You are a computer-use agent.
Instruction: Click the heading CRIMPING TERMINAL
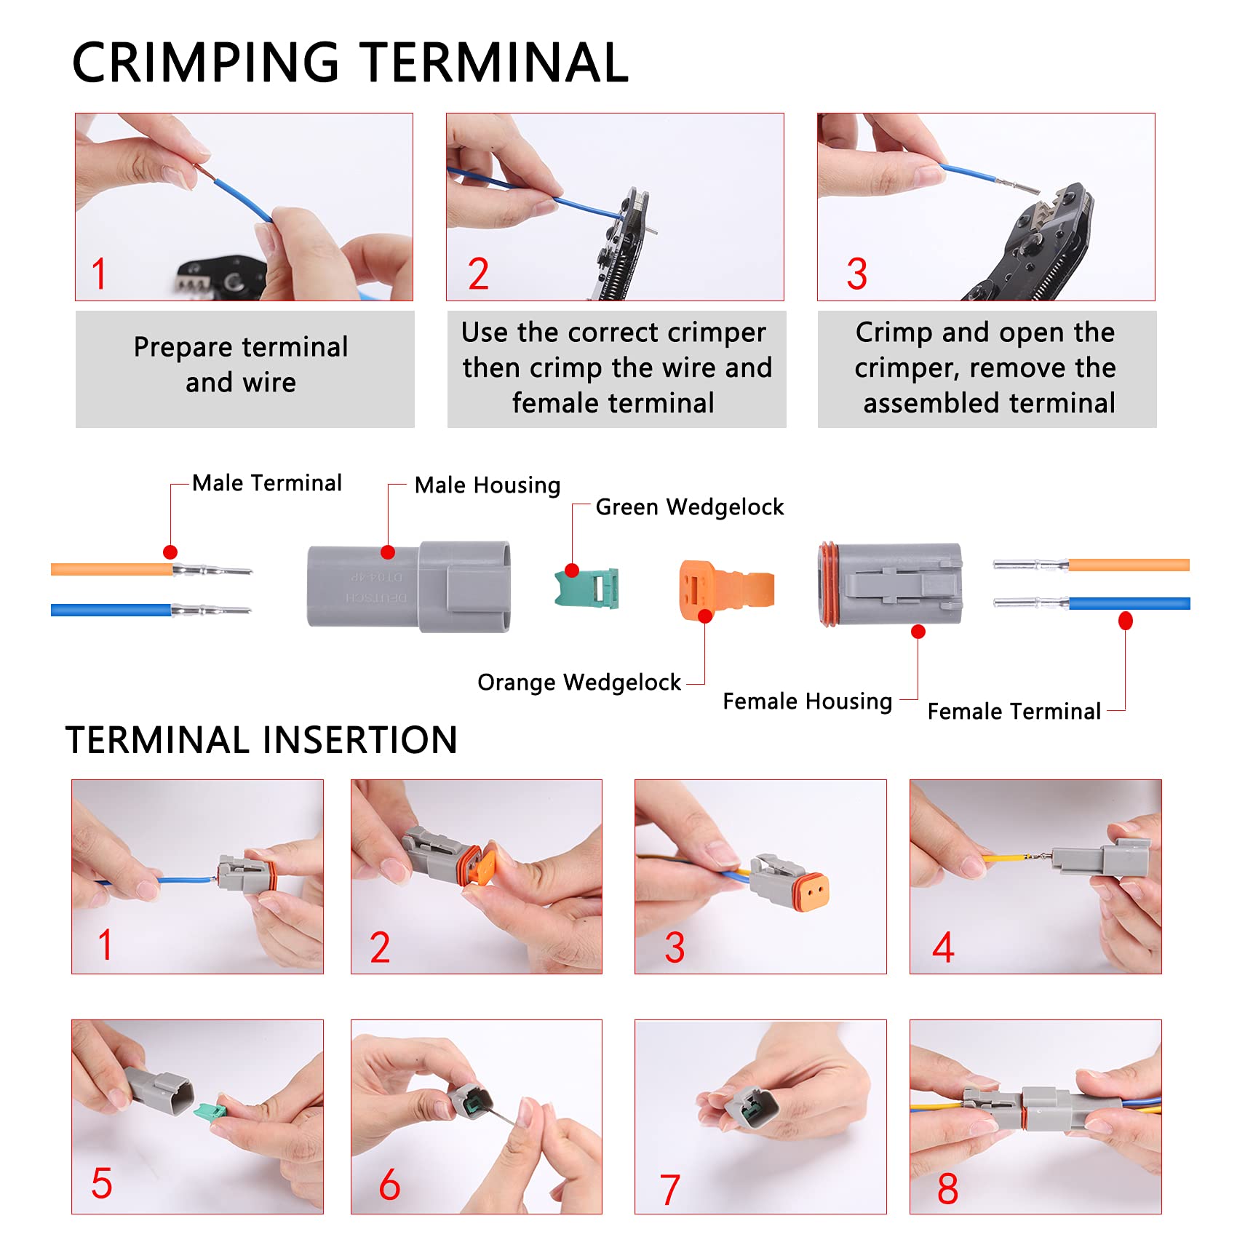click(350, 63)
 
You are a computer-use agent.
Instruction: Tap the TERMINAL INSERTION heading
click(261, 740)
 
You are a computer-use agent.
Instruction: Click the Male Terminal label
click(266, 483)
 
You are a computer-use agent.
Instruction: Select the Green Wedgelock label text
click(689, 507)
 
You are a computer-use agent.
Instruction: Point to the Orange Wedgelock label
click(578, 683)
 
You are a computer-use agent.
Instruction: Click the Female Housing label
click(807, 701)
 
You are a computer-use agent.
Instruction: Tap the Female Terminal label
click(1014, 712)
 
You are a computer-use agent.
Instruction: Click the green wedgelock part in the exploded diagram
click(588, 588)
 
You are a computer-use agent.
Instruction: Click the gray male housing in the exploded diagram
click(407, 586)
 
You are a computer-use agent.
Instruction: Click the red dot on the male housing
click(388, 553)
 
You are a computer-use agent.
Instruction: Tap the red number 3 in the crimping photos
click(856, 274)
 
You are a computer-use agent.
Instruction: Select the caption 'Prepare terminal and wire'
click(241, 365)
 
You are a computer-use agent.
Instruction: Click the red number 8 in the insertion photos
click(947, 1188)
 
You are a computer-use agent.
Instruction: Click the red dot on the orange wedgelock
click(704, 617)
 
